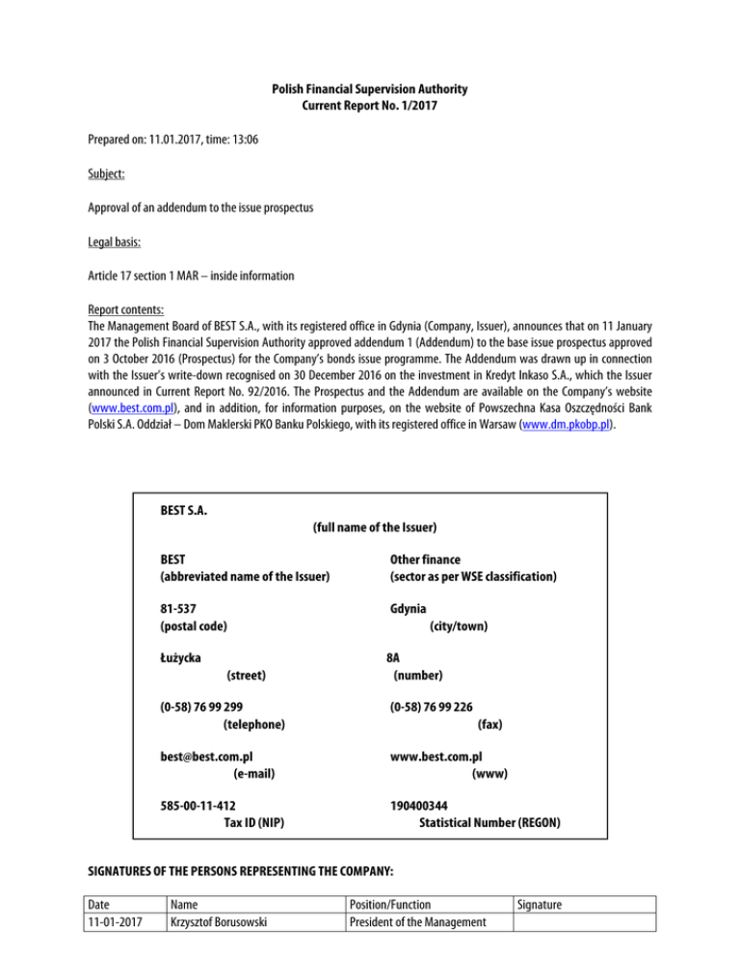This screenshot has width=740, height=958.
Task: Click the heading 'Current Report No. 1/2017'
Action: tap(369, 106)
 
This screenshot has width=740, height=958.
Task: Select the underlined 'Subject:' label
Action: tap(108, 174)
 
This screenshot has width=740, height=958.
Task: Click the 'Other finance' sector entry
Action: tap(425, 559)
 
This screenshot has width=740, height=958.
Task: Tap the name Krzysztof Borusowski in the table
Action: tap(218, 924)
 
